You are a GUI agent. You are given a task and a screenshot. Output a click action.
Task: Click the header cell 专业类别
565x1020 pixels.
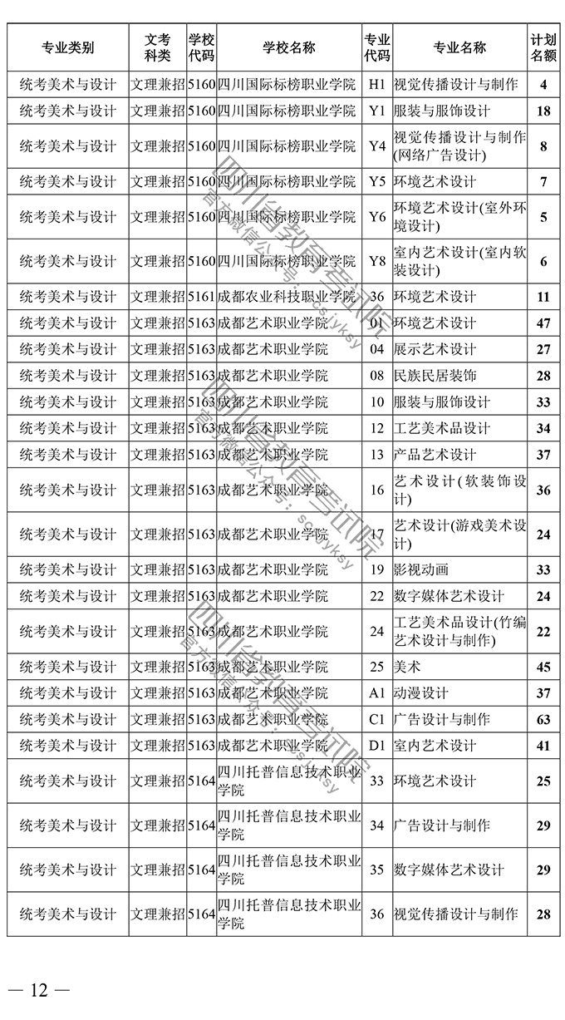tap(67, 47)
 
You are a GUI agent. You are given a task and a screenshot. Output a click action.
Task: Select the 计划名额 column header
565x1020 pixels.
tap(543, 47)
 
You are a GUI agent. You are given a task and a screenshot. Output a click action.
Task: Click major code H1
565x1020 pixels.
tap(377, 84)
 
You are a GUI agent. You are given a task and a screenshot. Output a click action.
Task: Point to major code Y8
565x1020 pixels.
tap(377, 261)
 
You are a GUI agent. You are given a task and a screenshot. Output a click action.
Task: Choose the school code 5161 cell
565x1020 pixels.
tap(201, 296)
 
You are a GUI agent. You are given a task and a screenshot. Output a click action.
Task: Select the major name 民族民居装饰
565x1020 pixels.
tap(435, 376)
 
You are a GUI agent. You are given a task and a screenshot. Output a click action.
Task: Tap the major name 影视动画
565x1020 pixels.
tap(421, 569)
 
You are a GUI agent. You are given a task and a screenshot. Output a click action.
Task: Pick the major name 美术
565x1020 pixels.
tap(407, 667)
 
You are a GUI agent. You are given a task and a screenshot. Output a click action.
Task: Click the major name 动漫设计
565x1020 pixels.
tap(421, 693)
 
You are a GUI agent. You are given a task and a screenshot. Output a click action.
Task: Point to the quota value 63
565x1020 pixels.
tap(543, 719)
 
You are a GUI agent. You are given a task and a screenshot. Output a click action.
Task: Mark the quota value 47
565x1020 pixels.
tap(543, 323)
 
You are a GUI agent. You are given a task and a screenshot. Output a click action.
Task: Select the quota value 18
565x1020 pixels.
tap(543, 111)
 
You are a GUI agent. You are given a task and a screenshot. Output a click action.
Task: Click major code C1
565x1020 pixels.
tap(377, 719)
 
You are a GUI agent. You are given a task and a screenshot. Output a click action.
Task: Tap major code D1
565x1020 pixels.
tap(377, 746)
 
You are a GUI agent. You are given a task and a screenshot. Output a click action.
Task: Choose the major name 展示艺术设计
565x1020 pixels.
tap(435, 349)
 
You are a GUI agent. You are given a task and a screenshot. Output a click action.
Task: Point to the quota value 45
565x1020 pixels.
tap(543, 667)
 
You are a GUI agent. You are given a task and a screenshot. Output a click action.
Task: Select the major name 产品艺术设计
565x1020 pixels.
tap(435, 455)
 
